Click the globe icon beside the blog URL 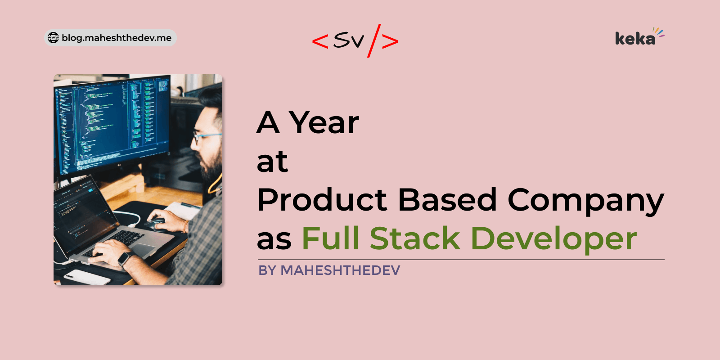tap(53, 38)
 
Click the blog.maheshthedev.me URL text tap(117, 38)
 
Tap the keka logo tap(638, 37)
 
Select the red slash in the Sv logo tap(374, 40)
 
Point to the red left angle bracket tap(320, 41)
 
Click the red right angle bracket tap(390, 41)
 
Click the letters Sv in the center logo tap(348, 40)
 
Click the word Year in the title tap(324, 122)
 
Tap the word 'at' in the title tap(272, 162)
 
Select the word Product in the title tap(322, 200)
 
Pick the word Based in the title tap(447, 200)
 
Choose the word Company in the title tap(585, 201)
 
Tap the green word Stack tap(415, 238)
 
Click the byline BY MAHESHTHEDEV tap(329, 270)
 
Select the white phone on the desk tap(87, 277)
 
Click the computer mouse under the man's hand tap(156, 223)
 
